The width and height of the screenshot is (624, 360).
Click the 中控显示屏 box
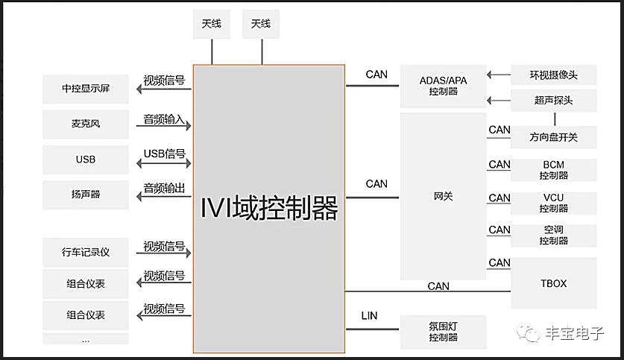tap(86, 89)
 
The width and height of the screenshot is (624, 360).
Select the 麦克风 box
tap(86, 124)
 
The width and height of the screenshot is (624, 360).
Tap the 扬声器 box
tap(86, 195)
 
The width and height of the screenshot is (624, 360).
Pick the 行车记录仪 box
tap(86, 252)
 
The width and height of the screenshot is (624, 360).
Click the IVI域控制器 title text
tap(269, 208)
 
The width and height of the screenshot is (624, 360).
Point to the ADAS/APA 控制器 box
tap(443, 86)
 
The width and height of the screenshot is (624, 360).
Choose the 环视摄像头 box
tap(553, 75)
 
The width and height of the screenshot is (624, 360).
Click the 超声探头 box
tap(553, 100)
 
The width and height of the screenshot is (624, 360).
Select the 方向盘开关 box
tap(553, 138)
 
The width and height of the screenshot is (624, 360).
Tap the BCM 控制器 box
tap(553, 170)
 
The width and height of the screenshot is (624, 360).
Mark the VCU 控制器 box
tap(553, 203)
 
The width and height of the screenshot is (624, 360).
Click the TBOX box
tap(553, 283)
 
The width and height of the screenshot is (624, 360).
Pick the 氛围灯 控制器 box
tap(443, 332)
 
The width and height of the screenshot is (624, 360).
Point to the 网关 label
tap(443, 197)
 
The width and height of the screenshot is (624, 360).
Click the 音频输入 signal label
tap(164, 119)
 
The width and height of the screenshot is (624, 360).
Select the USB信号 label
tap(164, 154)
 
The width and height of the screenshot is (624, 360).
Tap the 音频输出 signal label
tap(164, 188)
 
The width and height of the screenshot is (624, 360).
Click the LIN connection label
tap(369, 316)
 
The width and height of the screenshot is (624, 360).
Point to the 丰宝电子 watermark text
tap(574, 334)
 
